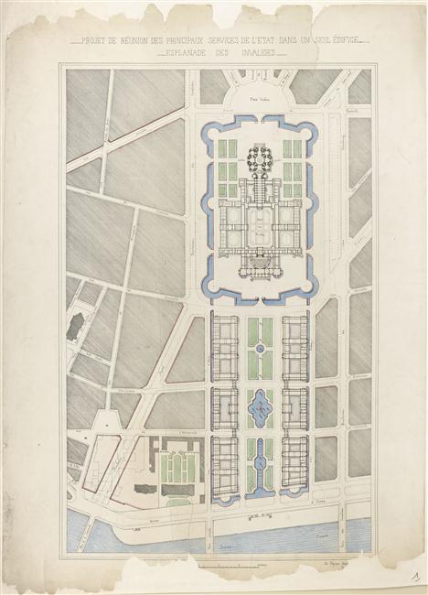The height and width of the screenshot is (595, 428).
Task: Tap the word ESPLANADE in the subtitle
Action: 181,53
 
